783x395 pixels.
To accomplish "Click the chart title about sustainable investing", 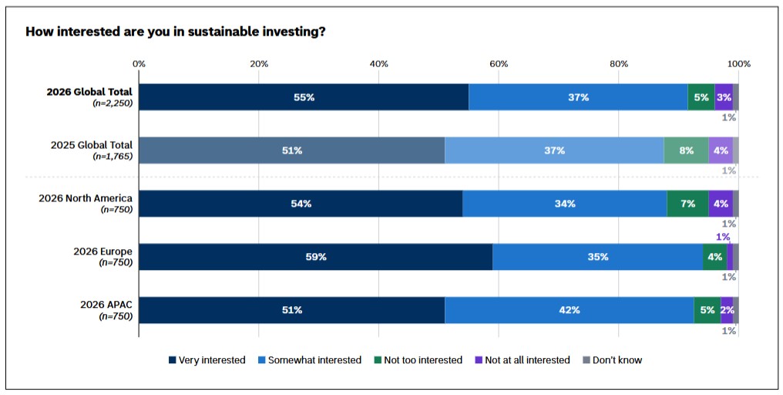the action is (176, 32).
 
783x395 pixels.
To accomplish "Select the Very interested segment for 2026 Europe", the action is (316, 257).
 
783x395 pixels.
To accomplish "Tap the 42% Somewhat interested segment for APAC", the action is (570, 310).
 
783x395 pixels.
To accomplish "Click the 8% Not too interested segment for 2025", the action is (686, 150).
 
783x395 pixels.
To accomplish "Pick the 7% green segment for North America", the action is (687, 204).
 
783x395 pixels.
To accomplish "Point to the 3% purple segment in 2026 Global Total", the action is (724, 97).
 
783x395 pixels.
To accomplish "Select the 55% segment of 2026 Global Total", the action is (304, 97).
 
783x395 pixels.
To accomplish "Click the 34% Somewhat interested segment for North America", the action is (565, 204).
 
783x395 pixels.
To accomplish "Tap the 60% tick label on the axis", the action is (499, 63).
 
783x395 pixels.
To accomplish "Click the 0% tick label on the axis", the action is (139, 63).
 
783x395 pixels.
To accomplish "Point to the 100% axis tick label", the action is (739, 63).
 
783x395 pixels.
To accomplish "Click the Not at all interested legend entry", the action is (522, 360).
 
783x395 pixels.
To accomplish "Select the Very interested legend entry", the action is (207, 360).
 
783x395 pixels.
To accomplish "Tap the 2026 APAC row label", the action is (106, 304).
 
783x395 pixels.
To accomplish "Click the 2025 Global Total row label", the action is (92, 145).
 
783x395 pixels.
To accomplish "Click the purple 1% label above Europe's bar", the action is (723, 237).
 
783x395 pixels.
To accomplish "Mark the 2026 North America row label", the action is (86, 198).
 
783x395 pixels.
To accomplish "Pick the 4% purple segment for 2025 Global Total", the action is (721, 150).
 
